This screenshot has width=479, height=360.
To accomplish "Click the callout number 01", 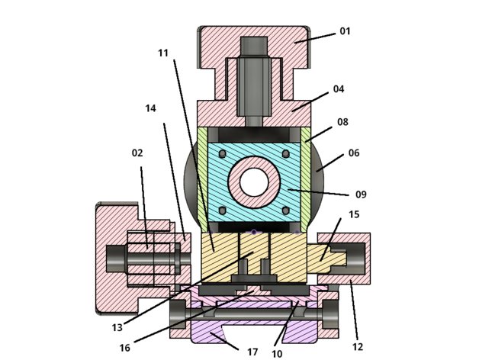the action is coord(345,31).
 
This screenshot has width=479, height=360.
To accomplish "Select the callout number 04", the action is coord(339,89).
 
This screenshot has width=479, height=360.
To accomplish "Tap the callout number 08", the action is coord(342,122).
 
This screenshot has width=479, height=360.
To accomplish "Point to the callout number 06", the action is coord(354,153).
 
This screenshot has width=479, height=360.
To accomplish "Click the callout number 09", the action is coord(361,194).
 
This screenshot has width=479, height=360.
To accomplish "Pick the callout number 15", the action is coord(354,214).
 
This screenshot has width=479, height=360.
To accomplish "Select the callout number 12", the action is coord(358,347).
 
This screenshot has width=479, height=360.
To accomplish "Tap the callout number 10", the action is coord(277,354).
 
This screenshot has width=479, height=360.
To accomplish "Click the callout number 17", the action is coord(252,352).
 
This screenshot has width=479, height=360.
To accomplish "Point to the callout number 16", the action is coord(124,348).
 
